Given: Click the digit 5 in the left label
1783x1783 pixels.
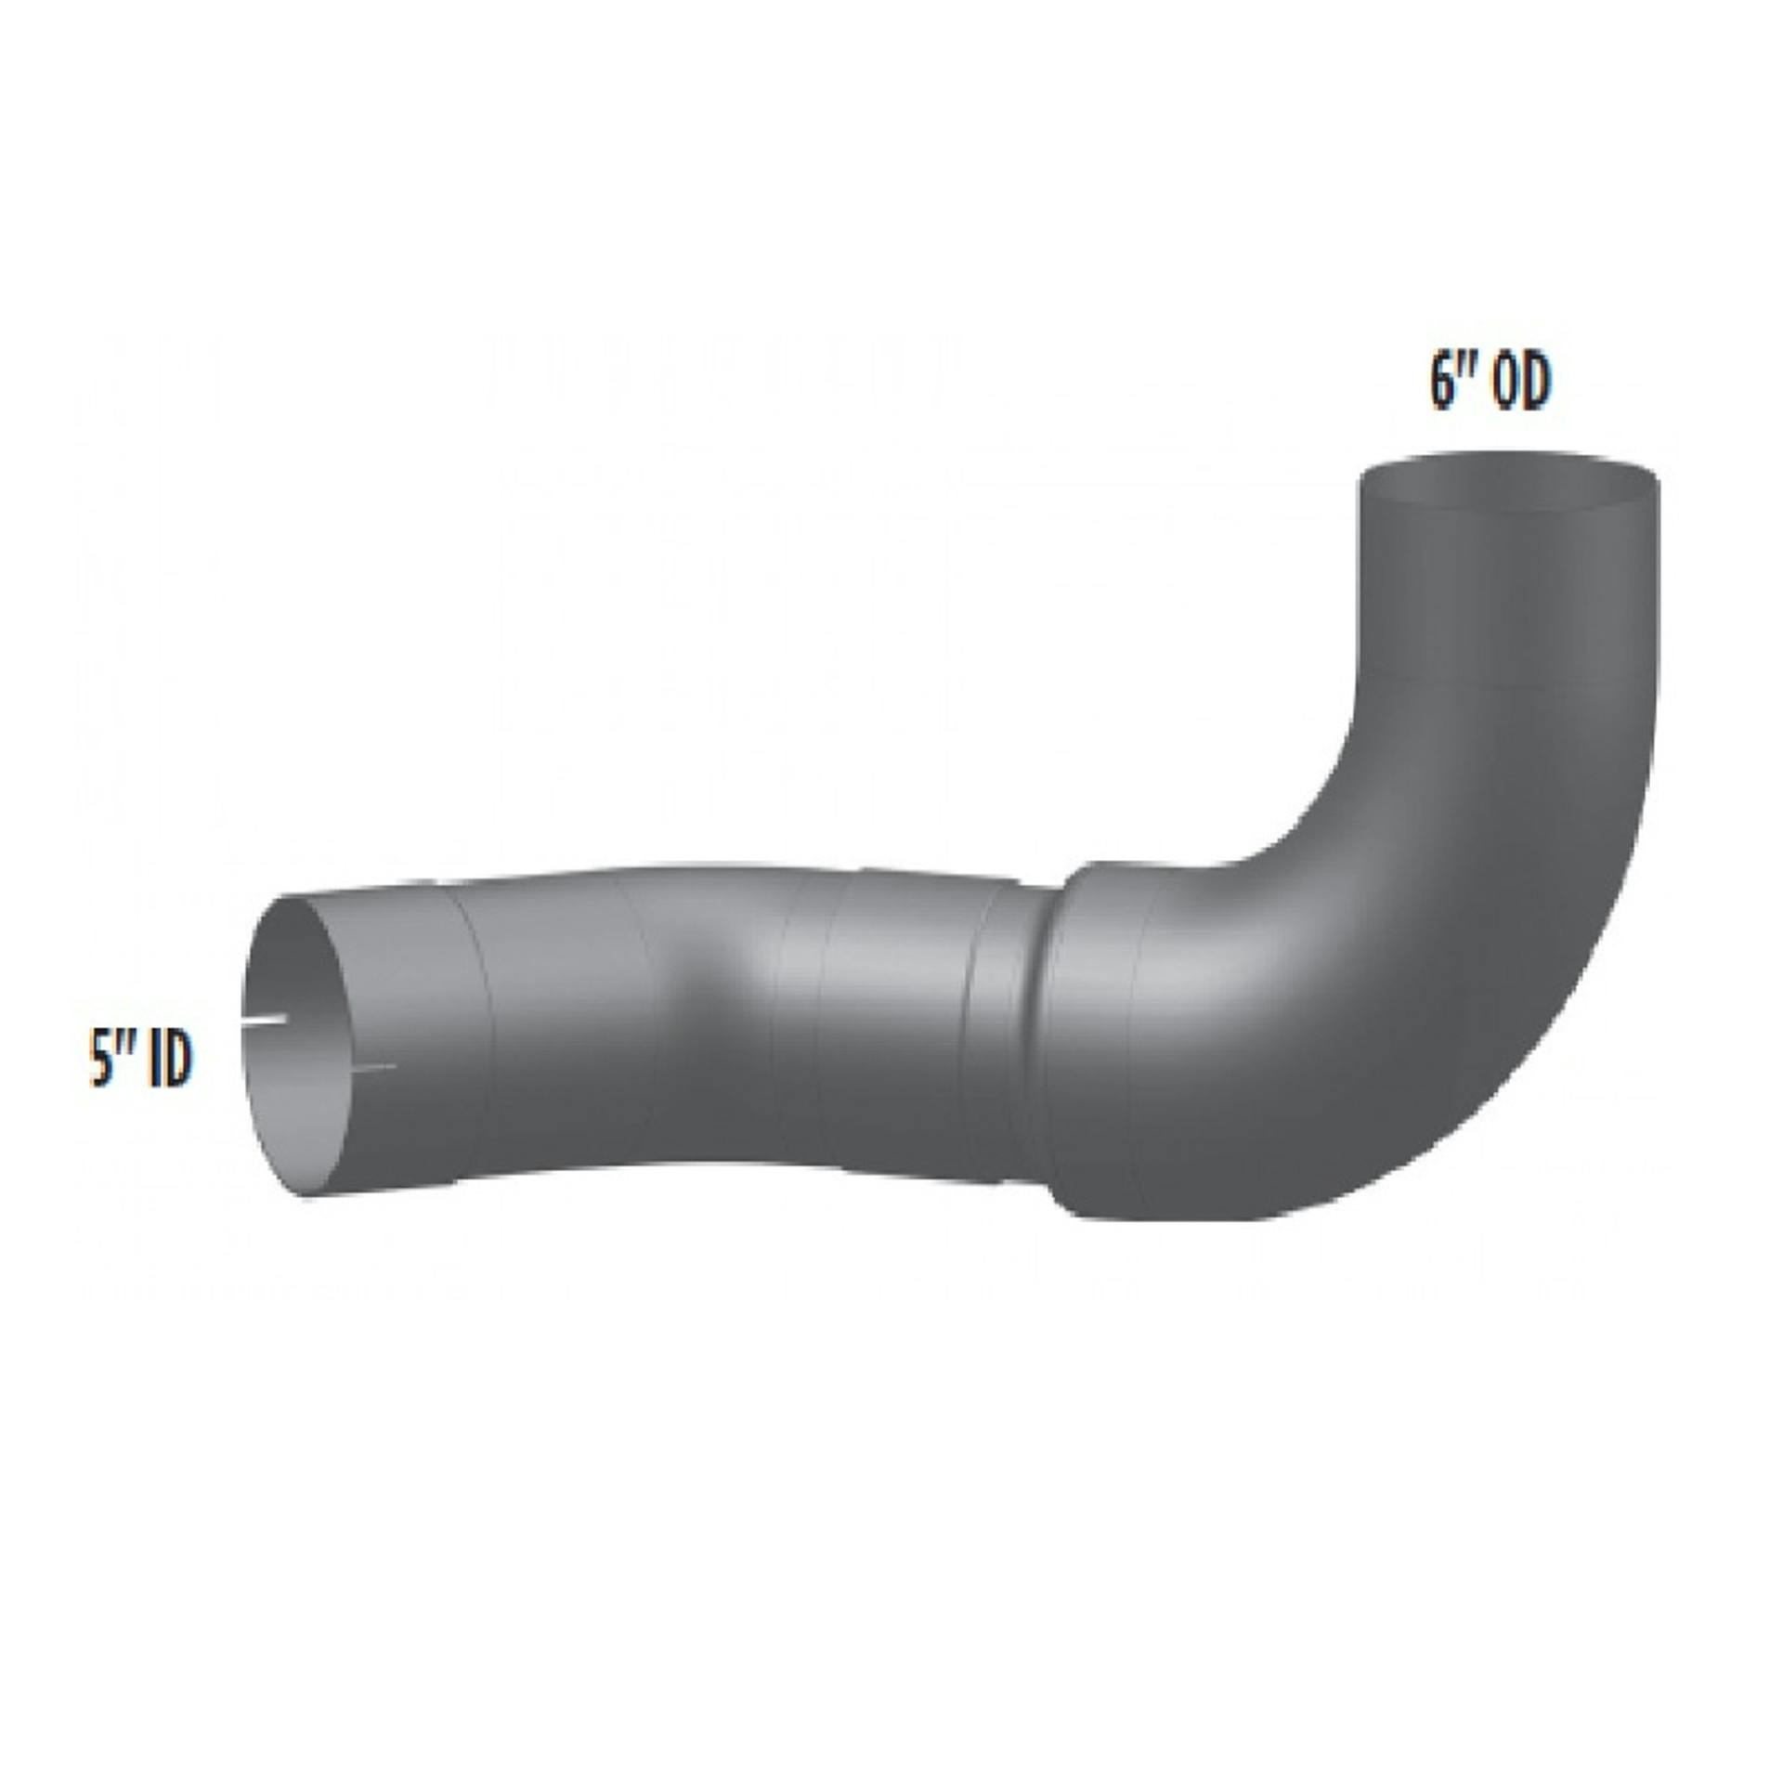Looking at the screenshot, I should click(98, 1064).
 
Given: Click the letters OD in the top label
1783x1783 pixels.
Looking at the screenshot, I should click(1521, 383).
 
